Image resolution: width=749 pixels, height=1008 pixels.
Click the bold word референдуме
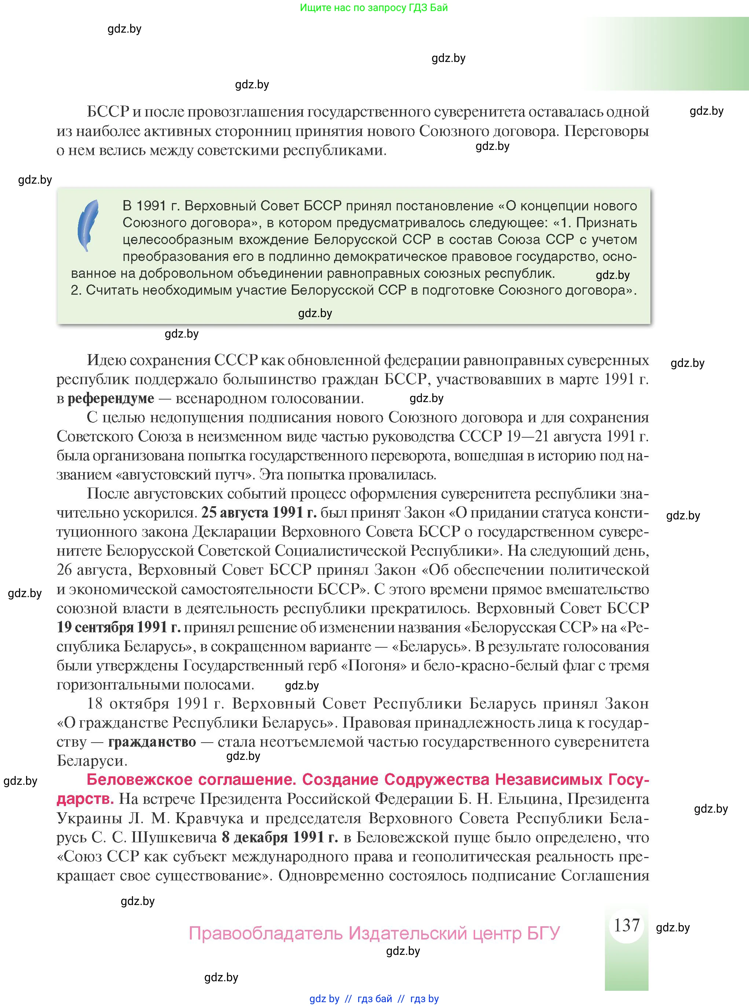pos(111,398)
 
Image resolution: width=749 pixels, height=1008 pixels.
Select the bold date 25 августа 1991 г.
pos(258,512)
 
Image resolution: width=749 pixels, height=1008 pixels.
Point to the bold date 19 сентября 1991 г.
pos(118,627)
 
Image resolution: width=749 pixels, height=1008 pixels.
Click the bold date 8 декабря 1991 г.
pos(279,837)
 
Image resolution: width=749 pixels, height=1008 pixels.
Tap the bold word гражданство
pos(152,742)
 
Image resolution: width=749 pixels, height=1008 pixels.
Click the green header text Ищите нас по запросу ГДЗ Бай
pos(374,8)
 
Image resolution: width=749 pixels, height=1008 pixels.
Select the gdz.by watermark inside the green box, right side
pos(612,275)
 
